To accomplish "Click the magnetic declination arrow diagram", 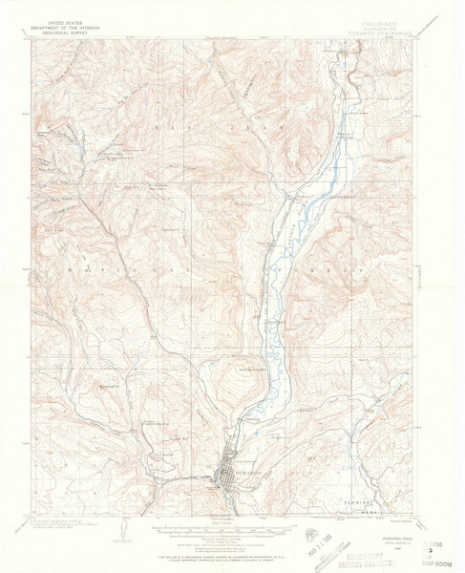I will [x=127, y=524].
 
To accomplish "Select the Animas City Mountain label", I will [x=250, y=371].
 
